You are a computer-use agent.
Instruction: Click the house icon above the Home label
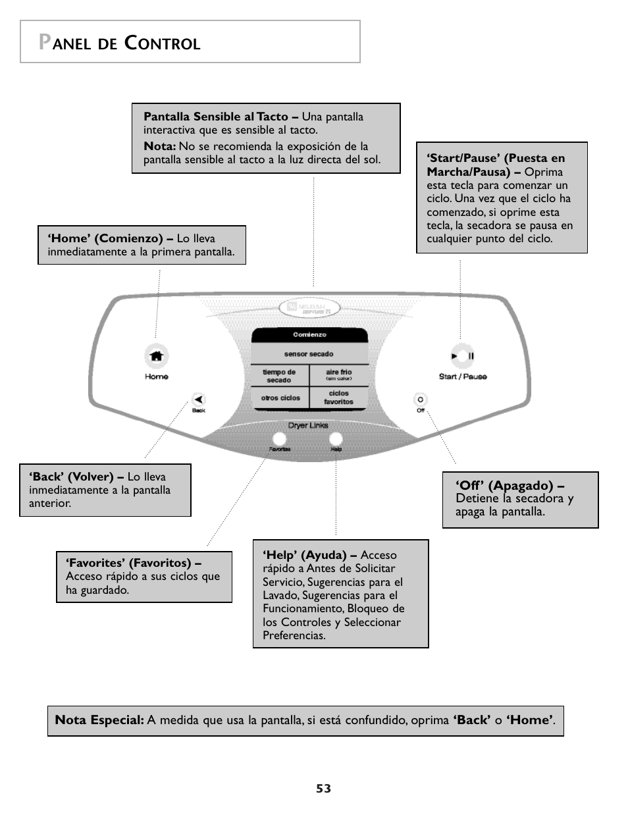click(x=156, y=356)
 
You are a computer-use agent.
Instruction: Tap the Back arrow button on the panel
click(x=198, y=399)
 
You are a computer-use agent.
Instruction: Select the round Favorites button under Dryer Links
click(x=279, y=439)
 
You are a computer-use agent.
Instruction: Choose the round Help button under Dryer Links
click(x=336, y=439)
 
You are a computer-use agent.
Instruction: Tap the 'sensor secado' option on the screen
click(x=309, y=354)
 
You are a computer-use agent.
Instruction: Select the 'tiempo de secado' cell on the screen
click(x=279, y=376)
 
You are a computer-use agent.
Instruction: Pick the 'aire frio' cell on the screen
click(x=338, y=375)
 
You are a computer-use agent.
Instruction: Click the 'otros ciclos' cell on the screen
click(x=280, y=398)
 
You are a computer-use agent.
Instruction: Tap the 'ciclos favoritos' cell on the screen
click(x=338, y=398)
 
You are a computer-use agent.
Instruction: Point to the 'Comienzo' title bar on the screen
click(x=309, y=335)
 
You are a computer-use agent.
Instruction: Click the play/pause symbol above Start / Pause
click(x=462, y=356)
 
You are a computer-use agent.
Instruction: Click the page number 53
click(x=323, y=789)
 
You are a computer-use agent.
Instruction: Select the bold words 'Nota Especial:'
click(x=99, y=720)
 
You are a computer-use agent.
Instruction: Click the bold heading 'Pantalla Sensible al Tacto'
click(x=216, y=117)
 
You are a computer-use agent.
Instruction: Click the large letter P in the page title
click(x=45, y=42)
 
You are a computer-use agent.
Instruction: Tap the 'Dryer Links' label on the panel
click(x=308, y=425)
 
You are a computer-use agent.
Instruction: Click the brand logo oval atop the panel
click(x=309, y=307)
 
